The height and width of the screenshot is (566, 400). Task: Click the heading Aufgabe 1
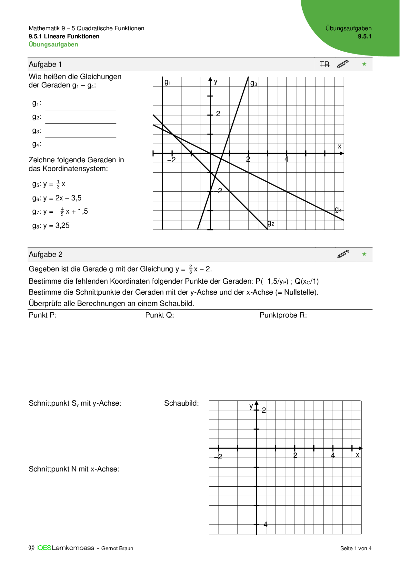click(45, 65)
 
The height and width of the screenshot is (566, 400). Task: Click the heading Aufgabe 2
click(45, 255)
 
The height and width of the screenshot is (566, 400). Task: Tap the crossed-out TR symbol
click(325, 65)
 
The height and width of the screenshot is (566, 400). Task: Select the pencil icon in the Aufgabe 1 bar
click(343, 64)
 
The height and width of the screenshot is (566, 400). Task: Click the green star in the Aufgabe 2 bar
click(364, 254)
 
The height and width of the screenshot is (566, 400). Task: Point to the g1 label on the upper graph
click(168, 82)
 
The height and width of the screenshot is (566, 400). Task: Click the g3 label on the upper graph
click(254, 84)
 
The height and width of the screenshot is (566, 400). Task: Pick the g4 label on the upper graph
click(338, 210)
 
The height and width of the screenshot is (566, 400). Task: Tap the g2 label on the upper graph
click(271, 223)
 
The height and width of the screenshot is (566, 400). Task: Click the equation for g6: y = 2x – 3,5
click(57, 198)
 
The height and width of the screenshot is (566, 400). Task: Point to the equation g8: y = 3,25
click(51, 226)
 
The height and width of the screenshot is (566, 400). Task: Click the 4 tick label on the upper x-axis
click(286, 159)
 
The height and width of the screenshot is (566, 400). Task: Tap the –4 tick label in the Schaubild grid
click(264, 524)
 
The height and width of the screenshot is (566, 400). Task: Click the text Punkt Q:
click(160, 315)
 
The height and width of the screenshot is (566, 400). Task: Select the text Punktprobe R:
click(283, 315)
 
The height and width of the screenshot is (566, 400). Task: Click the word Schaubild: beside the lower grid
click(181, 403)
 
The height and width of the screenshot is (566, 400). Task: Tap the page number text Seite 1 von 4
click(356, 548)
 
